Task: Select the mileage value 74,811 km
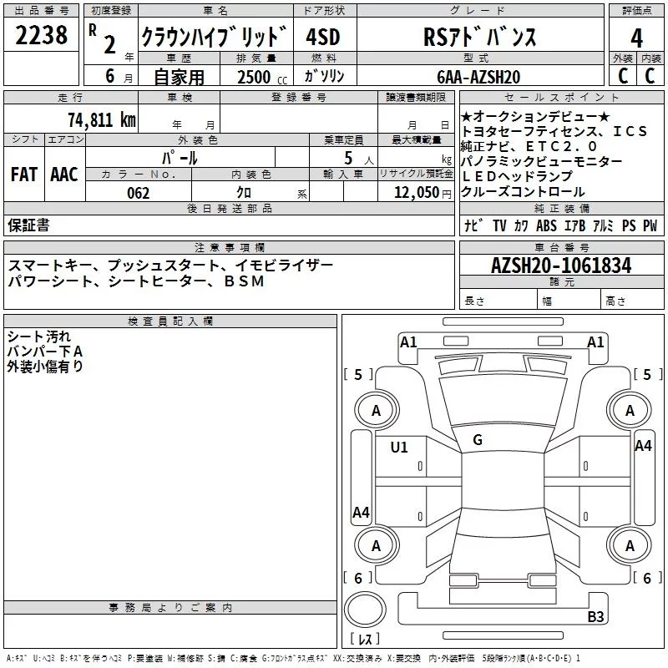click(102, 119)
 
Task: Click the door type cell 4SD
click(324, 38)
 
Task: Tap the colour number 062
click(139, 193)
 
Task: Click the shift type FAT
click(23, 175)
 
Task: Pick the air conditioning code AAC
click(63, 175)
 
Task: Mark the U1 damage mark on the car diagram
click(399, 448)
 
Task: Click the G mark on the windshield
click(478, 439)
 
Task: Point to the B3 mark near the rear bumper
click(595, 617)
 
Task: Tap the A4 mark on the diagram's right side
click(642, 446)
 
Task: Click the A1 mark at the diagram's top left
click(408, 342)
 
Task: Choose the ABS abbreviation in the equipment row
click(546, 225)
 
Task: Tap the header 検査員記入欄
click(170, 321)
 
